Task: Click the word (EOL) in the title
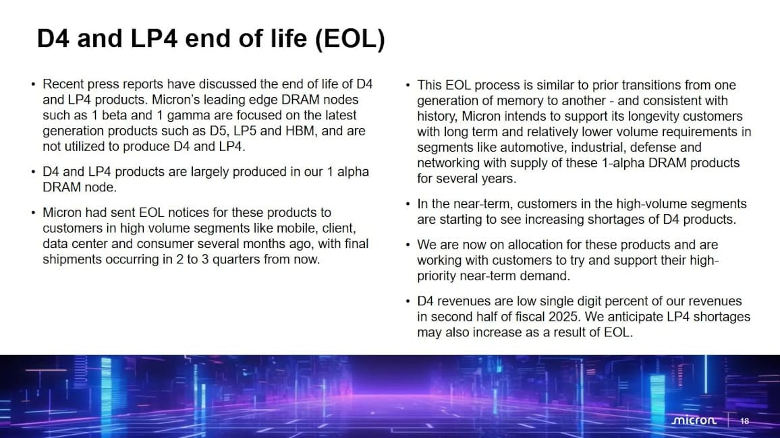pyautogui.click(x=350, y=39)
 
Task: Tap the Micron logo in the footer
pyautogui.click(x=694, y=420)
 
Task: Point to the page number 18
pyautogui.click(x=744, y=421)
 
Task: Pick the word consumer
pyautogui.click(x=166, y=244)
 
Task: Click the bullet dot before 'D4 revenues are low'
pyautogui.click(x=408, y=301)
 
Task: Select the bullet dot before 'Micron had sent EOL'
pyautogui.click(x=33, y=213)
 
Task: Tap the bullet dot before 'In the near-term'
pyautogui.click(x=408, y=204)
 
